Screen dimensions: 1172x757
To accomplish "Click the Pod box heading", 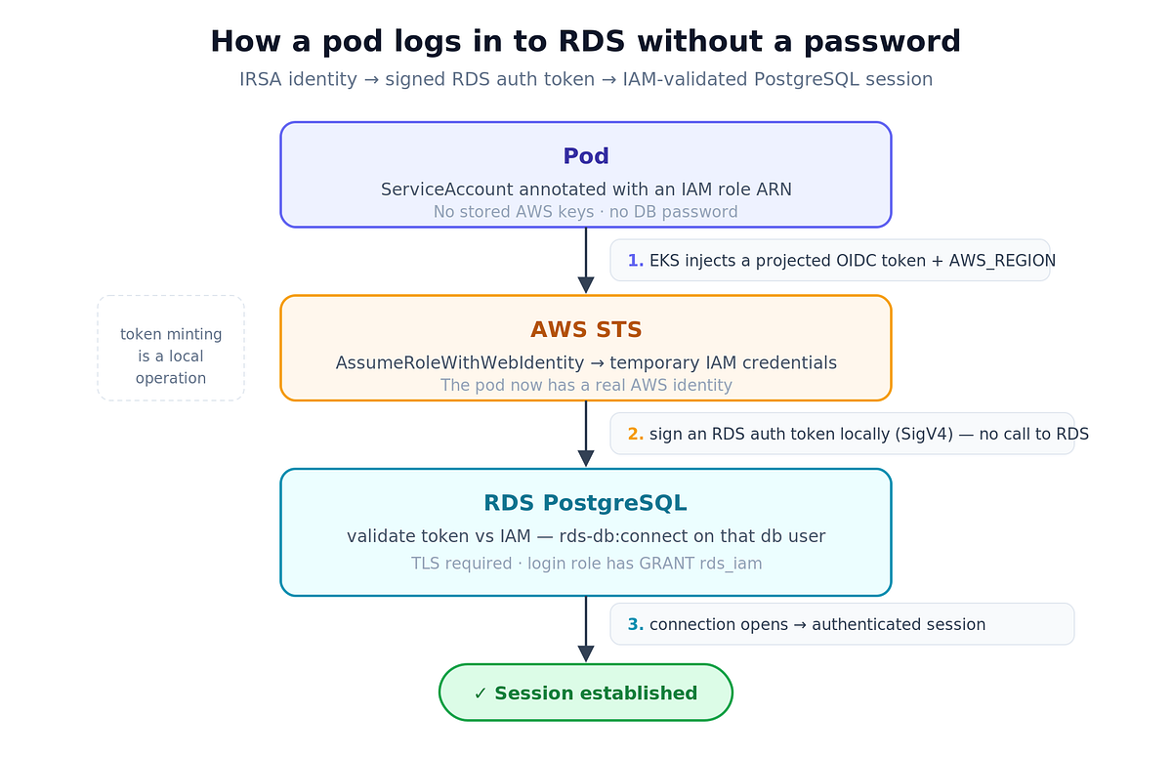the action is pos(585,156).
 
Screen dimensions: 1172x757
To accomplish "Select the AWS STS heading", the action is pos(585,329).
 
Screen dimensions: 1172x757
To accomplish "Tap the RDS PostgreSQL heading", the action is pos(585,503).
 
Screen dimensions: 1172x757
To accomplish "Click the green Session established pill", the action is pos(585,693).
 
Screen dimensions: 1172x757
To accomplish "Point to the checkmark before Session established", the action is pos(480,694).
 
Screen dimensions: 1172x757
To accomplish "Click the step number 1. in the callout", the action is pos(635,261).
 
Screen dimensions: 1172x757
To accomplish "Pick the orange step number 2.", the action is pos(635,435).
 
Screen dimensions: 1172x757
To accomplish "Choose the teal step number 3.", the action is pos(635,624).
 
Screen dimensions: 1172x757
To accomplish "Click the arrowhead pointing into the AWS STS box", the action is pos(585,285).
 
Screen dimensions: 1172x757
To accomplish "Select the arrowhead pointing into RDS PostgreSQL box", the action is pos(585,459).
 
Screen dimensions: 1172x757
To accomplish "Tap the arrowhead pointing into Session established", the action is pos(585,653).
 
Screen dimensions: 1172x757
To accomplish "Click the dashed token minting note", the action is pos(171,348).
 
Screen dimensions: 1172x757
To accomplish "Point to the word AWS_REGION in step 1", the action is pos(1002,261).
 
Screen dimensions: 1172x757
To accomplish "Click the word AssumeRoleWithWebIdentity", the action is pos(459,362).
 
